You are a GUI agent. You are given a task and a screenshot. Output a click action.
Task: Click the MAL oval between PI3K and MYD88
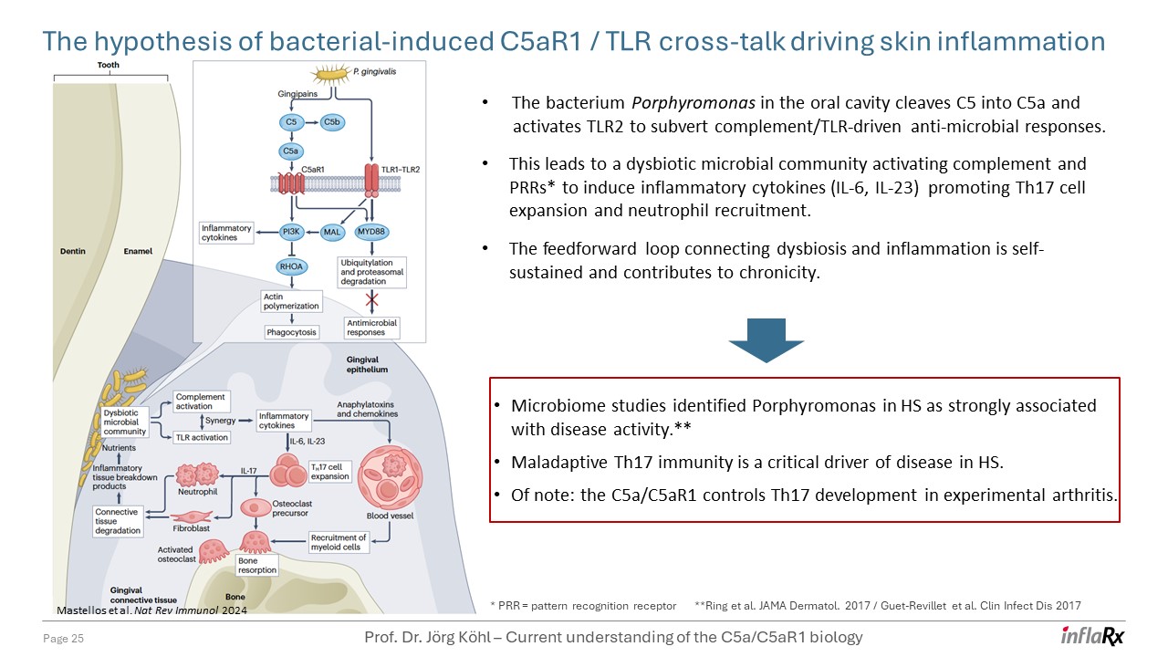331,233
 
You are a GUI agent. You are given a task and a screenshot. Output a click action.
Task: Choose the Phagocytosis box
292,332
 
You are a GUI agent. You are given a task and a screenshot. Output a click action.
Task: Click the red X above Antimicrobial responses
371,299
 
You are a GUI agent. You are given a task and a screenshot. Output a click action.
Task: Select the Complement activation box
201,402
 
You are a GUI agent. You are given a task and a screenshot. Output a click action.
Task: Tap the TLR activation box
201,437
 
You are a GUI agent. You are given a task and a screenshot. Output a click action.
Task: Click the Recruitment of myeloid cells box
339,543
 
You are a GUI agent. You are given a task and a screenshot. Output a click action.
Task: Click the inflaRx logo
1092,636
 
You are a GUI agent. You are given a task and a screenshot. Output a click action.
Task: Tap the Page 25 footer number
64,638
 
